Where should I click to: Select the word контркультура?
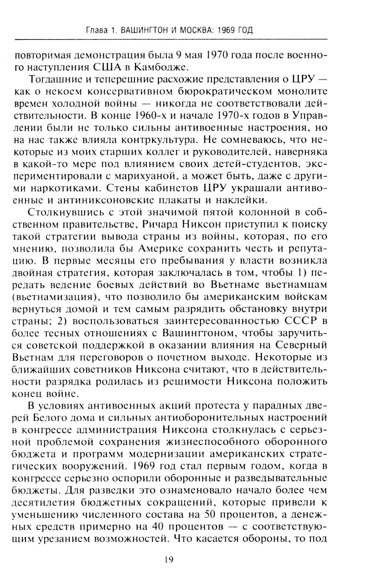click(x=150, y=140)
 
